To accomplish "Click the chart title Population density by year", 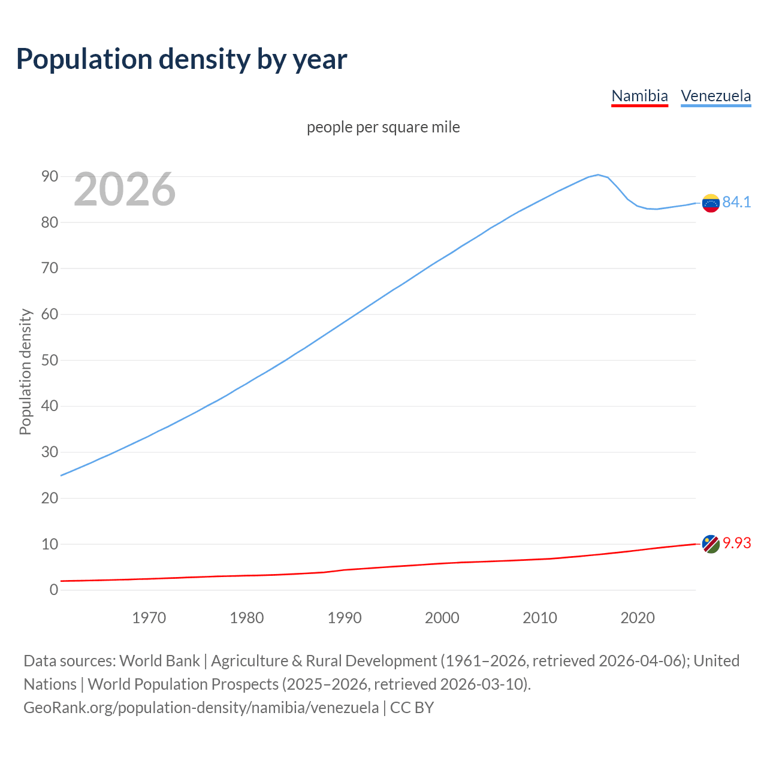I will pyautogui.click(x=182, y=59).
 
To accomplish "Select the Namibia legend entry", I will pyautogui.click(x=639, y=96).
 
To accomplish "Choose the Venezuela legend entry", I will pyautogui.click(x=715, y=96).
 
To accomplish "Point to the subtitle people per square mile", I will pyautogui.click(x=383, y=128).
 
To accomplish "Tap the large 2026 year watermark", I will pyautogui.click(x=125, y=189).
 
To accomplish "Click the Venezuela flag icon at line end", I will pyautogui.click(x=711, y=203).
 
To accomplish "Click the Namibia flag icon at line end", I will pyautogui.click(x=711, y=544).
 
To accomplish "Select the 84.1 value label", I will pyautogui.click(x=736, y=203).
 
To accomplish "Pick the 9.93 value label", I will pyautogui.click(x=736, y=543).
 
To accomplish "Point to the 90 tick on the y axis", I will pyautogui.click(x=50, y=176).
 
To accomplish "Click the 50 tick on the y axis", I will pyautogui.click(x=50, y=360).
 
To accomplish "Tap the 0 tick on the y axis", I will pyautogui.click(x=54, y=590).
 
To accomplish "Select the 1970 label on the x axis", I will pyautogui.click(x=149, y=618).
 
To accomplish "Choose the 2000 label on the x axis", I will pyautogui.click(x=442, y=618).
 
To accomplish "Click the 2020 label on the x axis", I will pyautogui.click(x=637, y=618).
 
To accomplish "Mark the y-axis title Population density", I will pyautogui.click(x=25, y=372).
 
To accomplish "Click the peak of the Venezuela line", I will pyautogui.click(x=598, y=175).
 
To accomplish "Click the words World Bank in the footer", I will pyautogui.click(x=159, y=661).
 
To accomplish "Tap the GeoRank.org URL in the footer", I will pyautogui.click(x=201, y=708).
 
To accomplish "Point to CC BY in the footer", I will pyautogui.click(x=412, y=708).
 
